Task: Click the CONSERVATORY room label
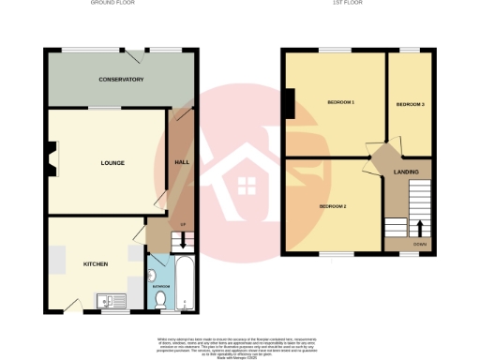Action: [x=121, y=80]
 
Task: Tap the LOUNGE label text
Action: [x=112, y=163]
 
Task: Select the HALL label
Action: [x=183, y=162]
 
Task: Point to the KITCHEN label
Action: [x=97, y=264]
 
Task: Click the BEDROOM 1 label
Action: [x=340, y=101]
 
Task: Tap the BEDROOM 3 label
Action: [x=411, y=104]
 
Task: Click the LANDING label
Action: [x=406, y=172]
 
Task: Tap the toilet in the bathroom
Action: [x=160, y=298]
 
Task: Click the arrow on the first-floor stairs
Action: [x=418, y=228]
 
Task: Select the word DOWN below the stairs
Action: [x=418, y=246]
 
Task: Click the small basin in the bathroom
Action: [x=152, y=275]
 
